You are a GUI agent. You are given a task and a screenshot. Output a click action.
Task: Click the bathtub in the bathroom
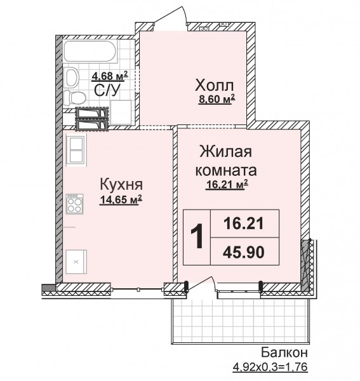[x=91, y=51]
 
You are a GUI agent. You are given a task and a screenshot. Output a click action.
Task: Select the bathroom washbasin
[x=71, y=77]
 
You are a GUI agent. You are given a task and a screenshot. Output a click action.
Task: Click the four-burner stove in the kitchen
[x=75, y=204]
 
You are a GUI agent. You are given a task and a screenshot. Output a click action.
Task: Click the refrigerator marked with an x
[x=76, y=262]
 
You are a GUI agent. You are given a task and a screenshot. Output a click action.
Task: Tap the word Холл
[x=215, y=86]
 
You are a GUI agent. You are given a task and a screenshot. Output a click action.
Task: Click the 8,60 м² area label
[x=217, y=99]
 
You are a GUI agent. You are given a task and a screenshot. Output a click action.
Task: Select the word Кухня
[x=121, y=184]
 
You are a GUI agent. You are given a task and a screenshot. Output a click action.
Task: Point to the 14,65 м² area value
[x=121, y=200]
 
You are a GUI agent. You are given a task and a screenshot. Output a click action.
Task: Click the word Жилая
[x=225, y=152]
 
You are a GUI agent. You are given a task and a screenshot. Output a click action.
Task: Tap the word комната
[x=226, y=171]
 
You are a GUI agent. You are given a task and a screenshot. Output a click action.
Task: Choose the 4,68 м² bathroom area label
[x=110, y=76]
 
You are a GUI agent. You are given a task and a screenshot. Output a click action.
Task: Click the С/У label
[x=107, y=90]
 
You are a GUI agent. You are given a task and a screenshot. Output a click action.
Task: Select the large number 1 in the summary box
[x=197, y=236]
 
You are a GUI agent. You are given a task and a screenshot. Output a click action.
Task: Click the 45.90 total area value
[x=244, y=252]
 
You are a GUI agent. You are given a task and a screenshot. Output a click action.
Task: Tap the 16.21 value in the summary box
[x=244, y=224]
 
